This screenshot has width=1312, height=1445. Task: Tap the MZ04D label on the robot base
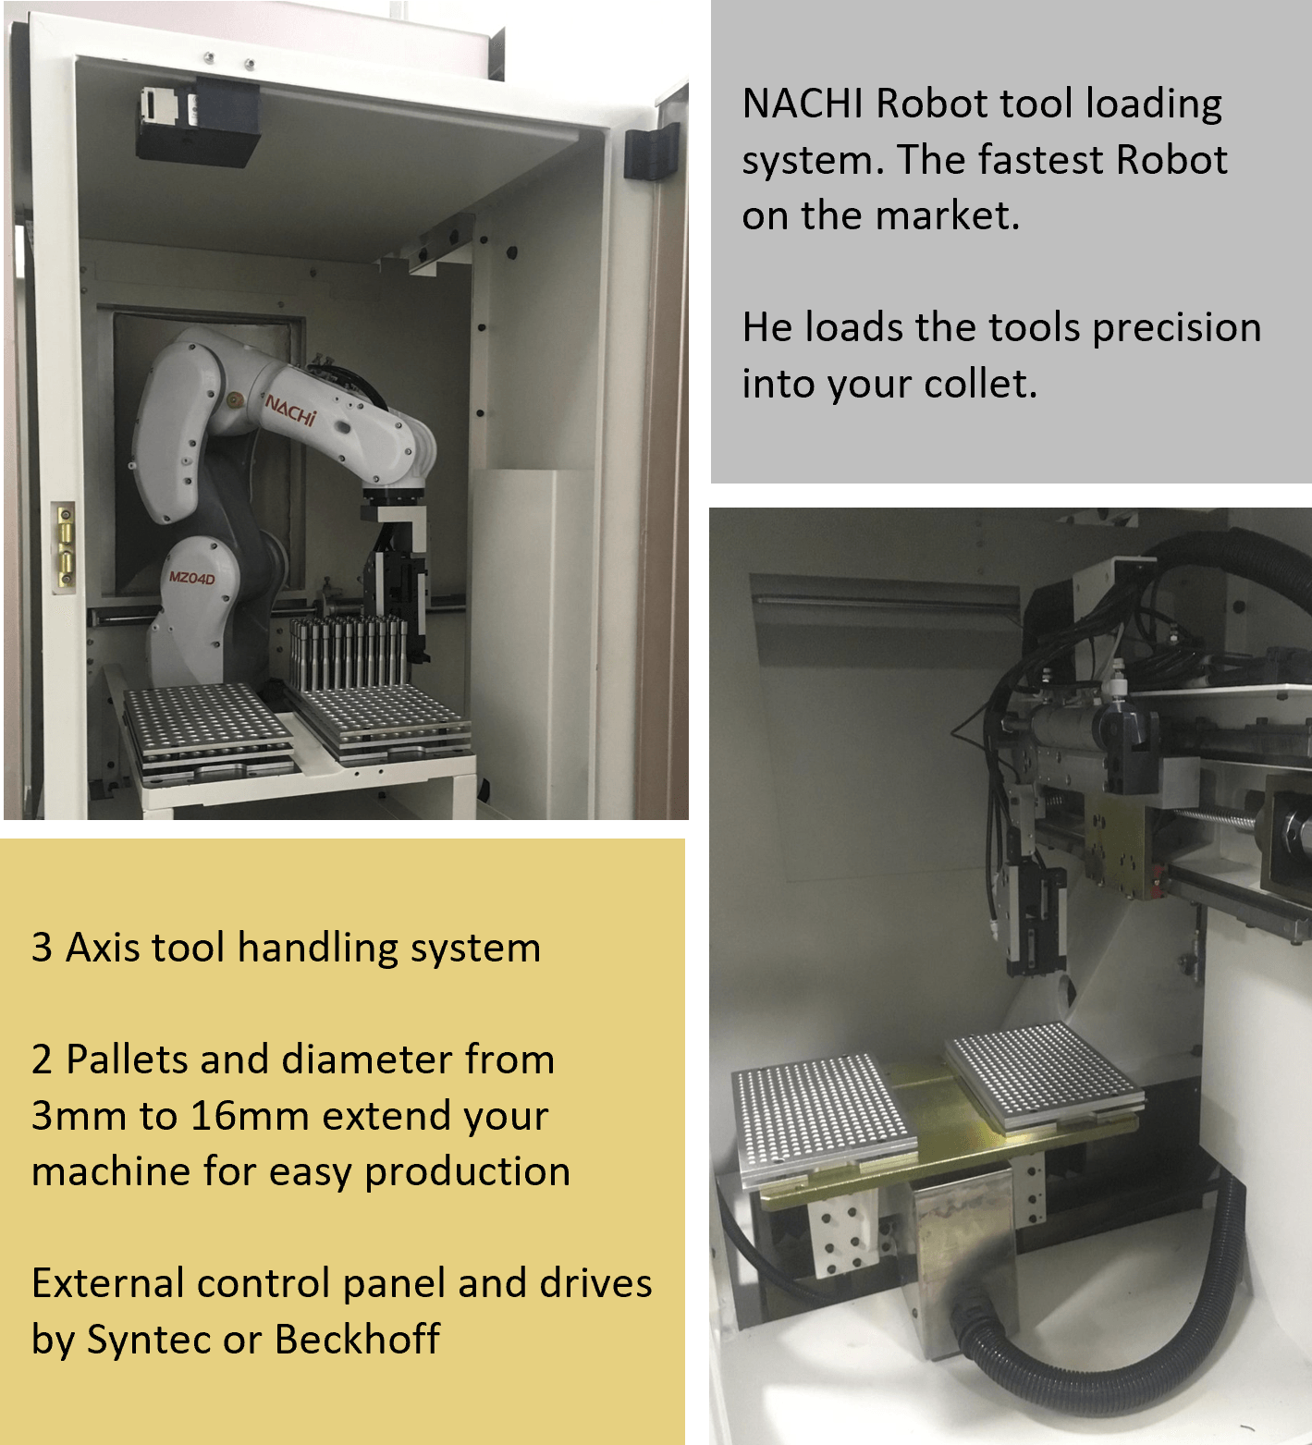tap(191, 579)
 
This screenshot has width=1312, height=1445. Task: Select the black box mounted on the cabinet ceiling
tap(197, 123)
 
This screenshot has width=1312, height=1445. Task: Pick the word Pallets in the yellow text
tap(128, 1059)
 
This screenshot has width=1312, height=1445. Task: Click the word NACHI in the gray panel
tap(803, 104)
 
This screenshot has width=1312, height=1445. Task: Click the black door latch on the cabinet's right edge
tap(651, 153)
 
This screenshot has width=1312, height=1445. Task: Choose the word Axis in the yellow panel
tap(103, 948)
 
